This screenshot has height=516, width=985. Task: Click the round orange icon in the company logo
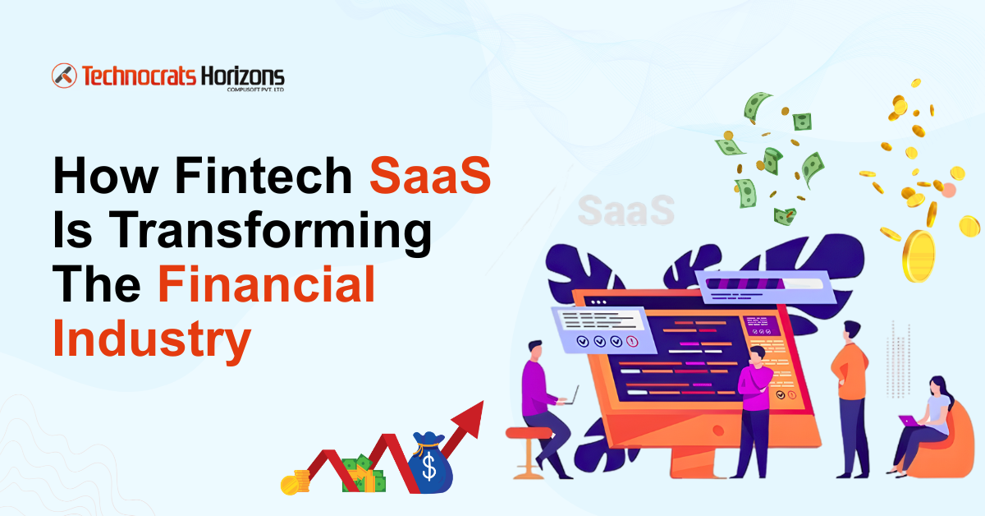[x=64, y=76]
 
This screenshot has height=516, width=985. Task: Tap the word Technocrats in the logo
[x=138, y=76]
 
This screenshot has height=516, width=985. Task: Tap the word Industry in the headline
[x=151, y=343]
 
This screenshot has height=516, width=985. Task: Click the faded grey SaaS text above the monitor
[x=625, y=210]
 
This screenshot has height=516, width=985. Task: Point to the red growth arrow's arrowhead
[x=470, y=415]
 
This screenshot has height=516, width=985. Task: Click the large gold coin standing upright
[x=919, y=256]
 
